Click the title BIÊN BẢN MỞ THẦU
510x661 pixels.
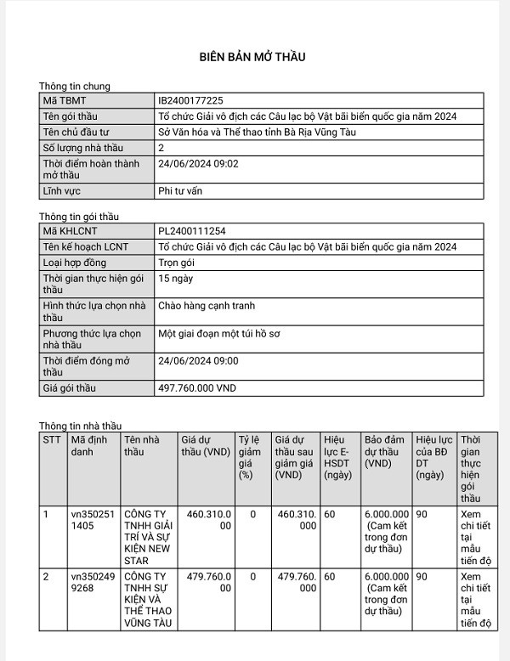(252, 57)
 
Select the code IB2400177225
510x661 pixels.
(191, 100)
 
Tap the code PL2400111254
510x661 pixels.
(191, 230)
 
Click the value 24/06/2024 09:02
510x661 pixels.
(198, 163)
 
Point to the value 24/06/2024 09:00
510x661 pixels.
(198, 360)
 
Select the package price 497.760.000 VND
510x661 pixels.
(197, 387)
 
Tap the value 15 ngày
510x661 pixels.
(175, 278)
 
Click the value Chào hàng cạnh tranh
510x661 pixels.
(207, 306)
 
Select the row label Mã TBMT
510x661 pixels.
(65, 100)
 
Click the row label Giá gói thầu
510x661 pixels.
(70, 388)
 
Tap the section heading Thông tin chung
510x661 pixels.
(75, 86)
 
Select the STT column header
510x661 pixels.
(52, 439)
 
